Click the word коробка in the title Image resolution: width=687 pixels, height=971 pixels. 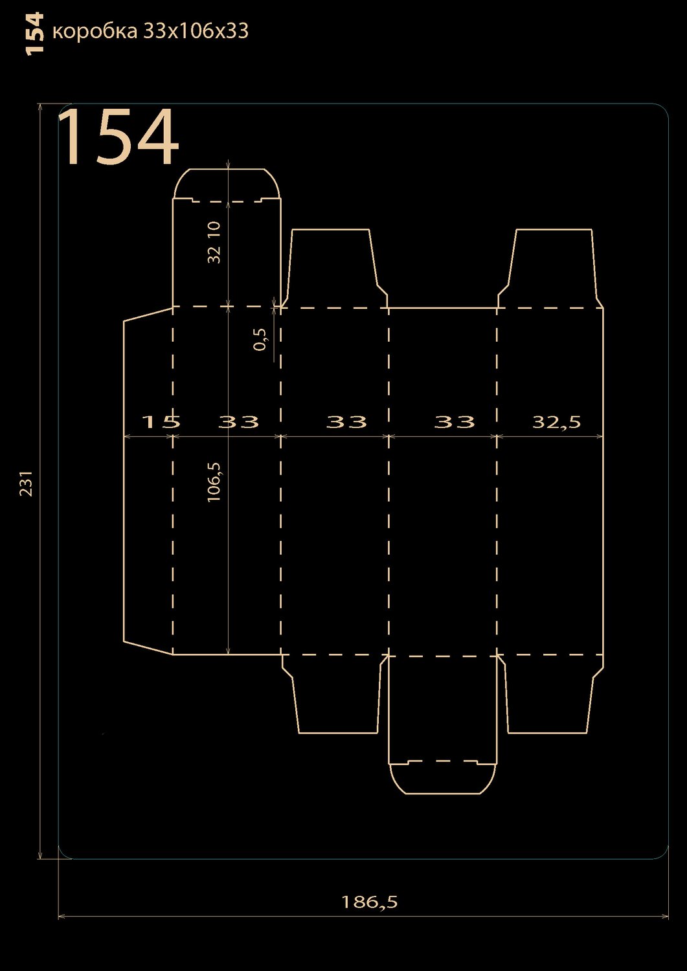coord(95,31)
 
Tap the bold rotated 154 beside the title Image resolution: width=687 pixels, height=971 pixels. coord(35,34)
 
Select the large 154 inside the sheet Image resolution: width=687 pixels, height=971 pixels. coord(118,137)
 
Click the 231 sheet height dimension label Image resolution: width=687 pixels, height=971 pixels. coord(27,483)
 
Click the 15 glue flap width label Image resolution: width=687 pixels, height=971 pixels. coord(161,421)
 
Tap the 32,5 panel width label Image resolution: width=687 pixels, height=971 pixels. coord(556,422)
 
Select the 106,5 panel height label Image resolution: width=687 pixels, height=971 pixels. coord(214,482)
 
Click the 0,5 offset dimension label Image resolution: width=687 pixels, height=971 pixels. coord(261,339)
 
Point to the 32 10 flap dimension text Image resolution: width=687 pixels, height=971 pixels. coord(214,242)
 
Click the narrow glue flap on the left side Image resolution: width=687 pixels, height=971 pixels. coord(148,481)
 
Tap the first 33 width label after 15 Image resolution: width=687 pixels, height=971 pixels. coord(238,421)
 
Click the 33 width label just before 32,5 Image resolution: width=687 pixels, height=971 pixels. coord(455,421)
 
